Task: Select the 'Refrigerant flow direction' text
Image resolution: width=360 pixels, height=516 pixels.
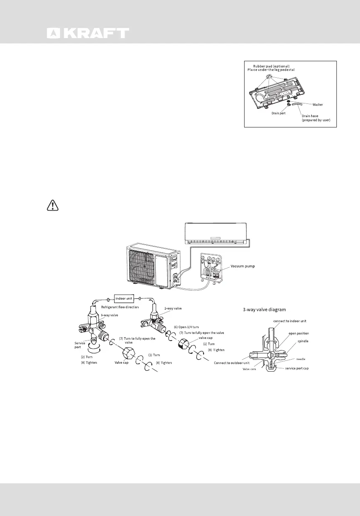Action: (x=120, y=307)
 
